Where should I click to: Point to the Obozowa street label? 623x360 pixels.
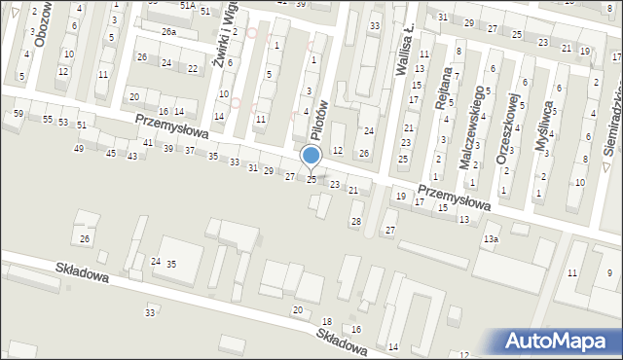pyautogui.click(x=40, y=23)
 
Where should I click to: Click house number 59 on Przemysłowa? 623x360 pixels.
pyautogui.click(x=18, y=114)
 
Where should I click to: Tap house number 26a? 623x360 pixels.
pyautogui.click(x=169, y=32)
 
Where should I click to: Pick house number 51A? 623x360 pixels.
pyautogui.click(x=187, y=5)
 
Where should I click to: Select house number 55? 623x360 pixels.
pyautogui.click(x=47, y=119)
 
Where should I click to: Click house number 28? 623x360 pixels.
pyautogui.click(x=356, y=221)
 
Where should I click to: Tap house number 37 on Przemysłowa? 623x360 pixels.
pyautogui.click(x=189, y=152)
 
